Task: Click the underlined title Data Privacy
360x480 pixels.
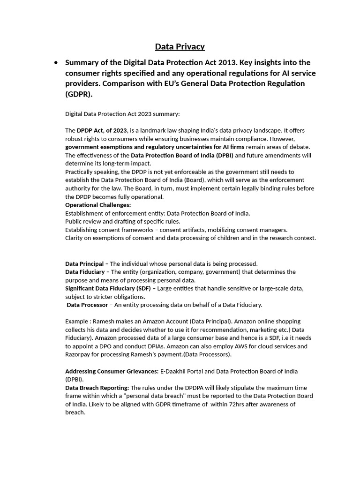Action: click(180, 46)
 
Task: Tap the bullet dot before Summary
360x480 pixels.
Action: click(56, 63)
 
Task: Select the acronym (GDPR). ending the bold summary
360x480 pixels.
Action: click(79, 94)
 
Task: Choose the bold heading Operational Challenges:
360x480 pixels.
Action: click(98, 205)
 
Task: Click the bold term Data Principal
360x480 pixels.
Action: click(84, 263)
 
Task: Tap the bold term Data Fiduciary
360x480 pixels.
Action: click(85, 272)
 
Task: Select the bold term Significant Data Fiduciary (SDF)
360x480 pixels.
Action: click(108, 288)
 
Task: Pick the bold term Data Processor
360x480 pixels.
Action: click(87, 305)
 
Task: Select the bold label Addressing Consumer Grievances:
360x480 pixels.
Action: click(112, 371)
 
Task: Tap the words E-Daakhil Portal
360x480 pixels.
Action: click(182, 371)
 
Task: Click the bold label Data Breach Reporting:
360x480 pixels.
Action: click(97, 388)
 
